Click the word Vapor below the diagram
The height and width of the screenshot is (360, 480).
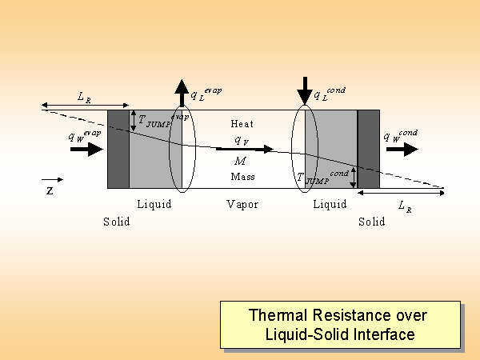pyautogui.click(x=242, y=205)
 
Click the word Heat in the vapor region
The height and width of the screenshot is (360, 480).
pyautogui.click(x=242, y=124)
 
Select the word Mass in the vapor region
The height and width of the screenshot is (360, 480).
pyautogui.click(x=242, y=176)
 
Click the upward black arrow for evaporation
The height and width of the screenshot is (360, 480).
pyautogui.click(x=182, y=92)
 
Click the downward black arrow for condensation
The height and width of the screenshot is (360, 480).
pyautogui.click(x=304, y=90)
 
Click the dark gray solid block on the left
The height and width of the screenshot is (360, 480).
pyautogui.click(x=118, y=149)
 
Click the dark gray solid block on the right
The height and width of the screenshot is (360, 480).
pyautogui.click(x=368, y=149)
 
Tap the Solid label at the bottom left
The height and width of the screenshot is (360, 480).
pyautogui.click(x=117, y=222)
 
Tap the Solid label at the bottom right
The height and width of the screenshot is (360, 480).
pyautogui.click(x=371, y=222)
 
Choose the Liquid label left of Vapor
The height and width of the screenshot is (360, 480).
pyautogui.click(x=154, y=205)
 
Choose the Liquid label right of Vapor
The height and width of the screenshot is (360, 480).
pyautogui.click(x=330, y=205)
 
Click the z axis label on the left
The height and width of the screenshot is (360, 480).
pyautogui.click(x=50, y=192)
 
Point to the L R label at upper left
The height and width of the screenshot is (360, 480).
pyautogui.click(x=84, y=97)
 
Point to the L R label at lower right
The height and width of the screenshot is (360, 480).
pyautogui.click(x=406, y=206)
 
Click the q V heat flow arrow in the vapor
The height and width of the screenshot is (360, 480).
pyautogui.click(x=245, y=149)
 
